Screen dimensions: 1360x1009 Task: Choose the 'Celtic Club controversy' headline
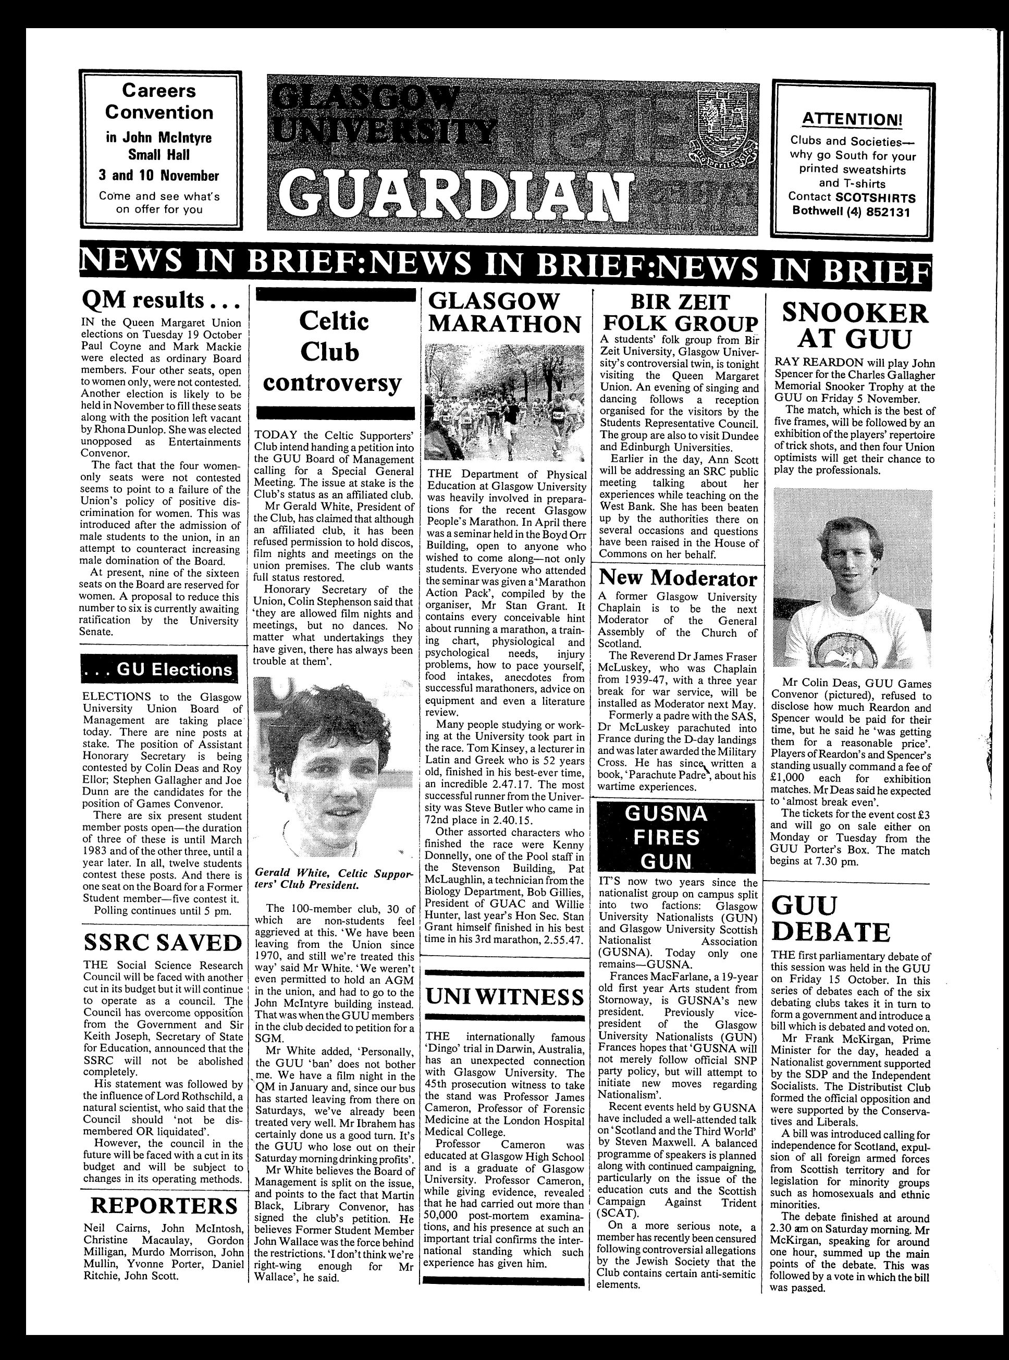(333, 352)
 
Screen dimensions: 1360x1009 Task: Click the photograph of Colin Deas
(853, 578)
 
